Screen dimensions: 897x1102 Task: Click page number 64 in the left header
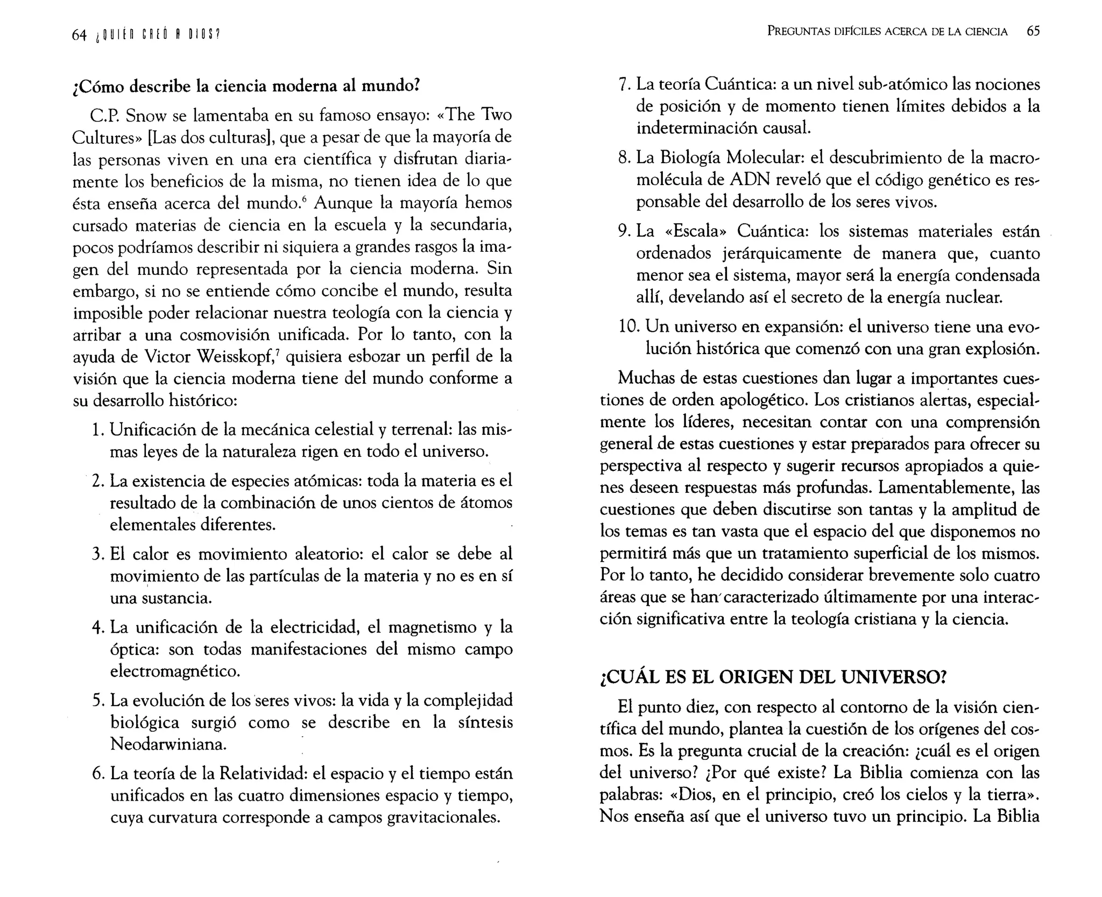(x=79, y=35)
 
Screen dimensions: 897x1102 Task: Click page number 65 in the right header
(x=1033, y=31)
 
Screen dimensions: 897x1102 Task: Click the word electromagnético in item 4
(x=175, y=672)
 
